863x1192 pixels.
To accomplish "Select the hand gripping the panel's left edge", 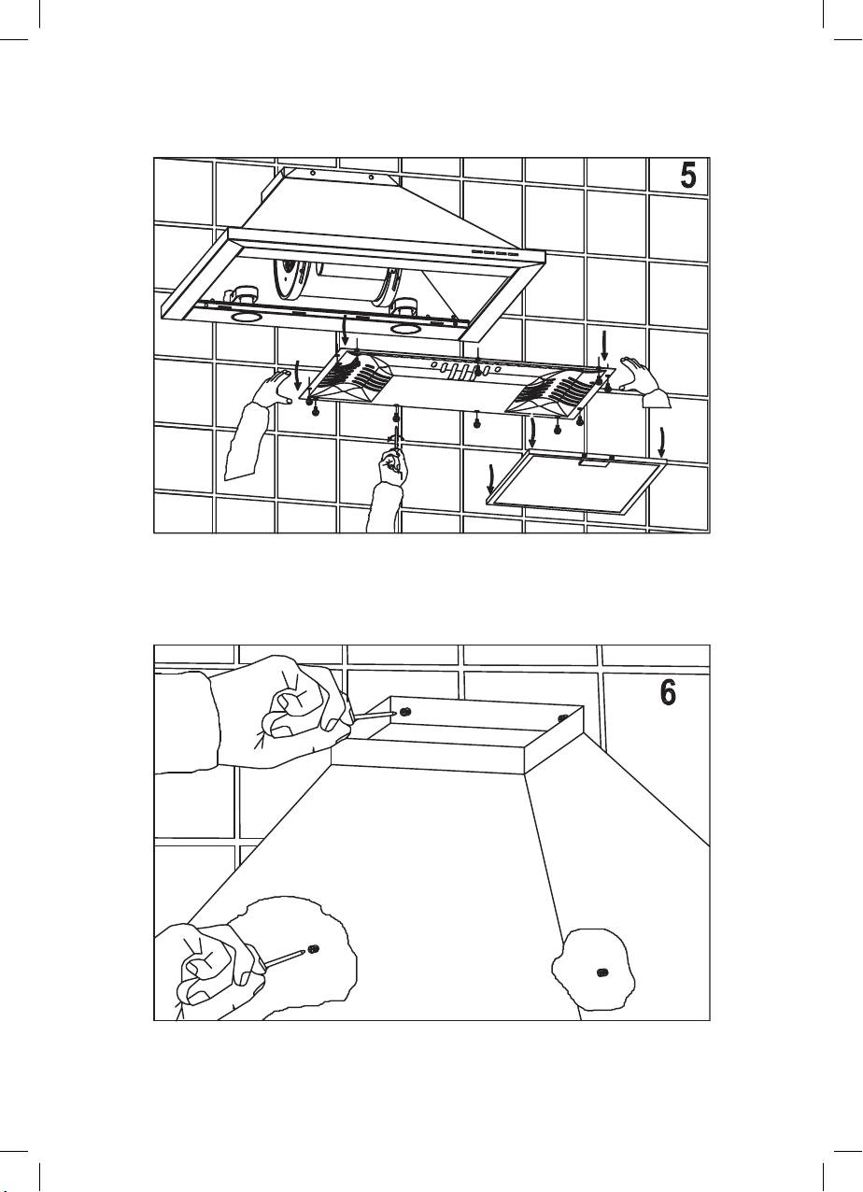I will point(276,387).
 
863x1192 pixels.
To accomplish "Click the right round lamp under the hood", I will point(406,330).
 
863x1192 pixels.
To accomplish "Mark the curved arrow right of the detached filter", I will point(663,439).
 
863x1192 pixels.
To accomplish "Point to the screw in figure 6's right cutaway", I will point(602,973).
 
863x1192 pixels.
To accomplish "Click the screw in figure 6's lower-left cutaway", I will point(314,950).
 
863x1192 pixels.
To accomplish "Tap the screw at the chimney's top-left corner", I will point(405,711).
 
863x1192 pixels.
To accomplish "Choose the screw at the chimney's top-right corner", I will point(562,718).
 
